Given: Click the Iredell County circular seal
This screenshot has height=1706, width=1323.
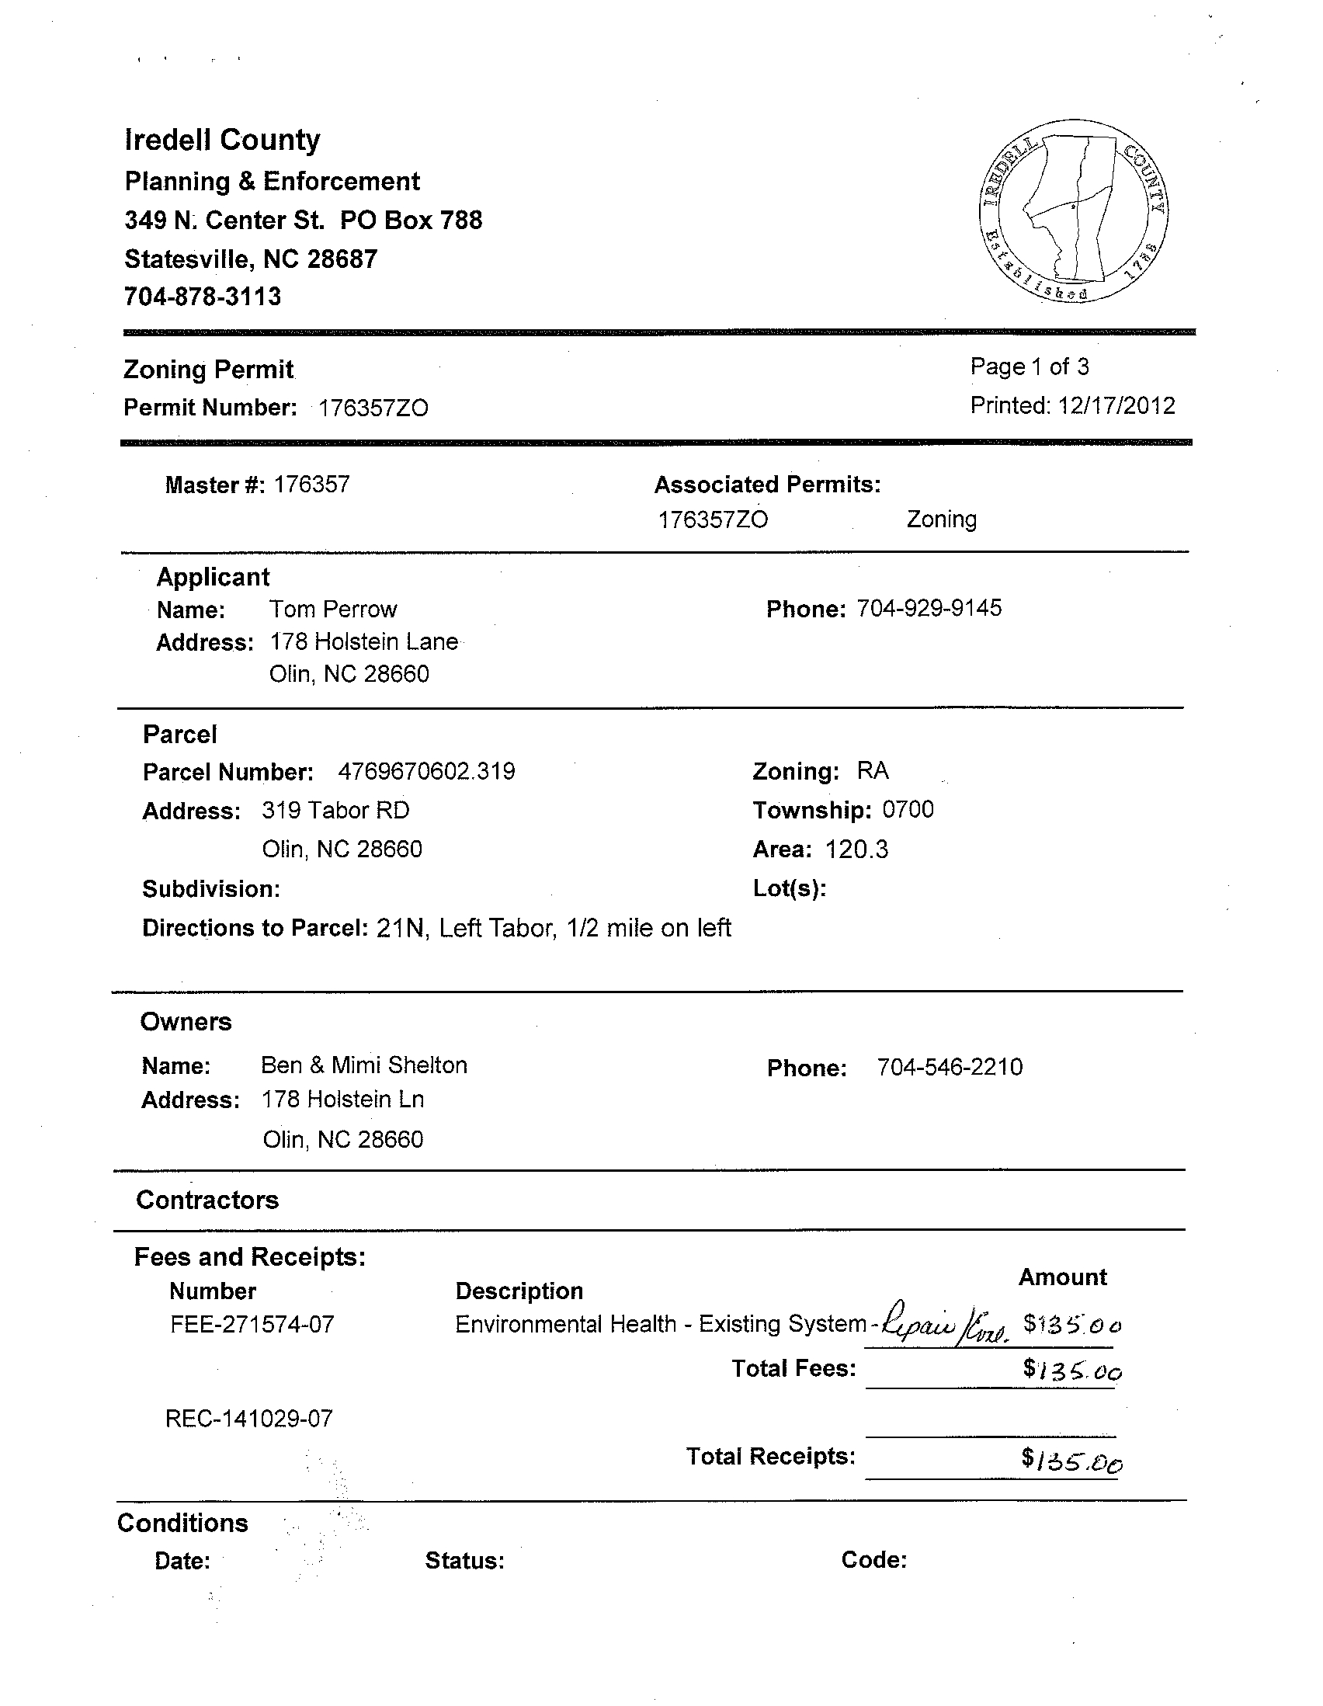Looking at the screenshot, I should click(x=1072, y=212).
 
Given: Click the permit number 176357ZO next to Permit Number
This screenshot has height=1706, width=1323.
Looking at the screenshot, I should click(x=373, y=408).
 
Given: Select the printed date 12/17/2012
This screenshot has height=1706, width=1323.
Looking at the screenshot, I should click(x=1116, y=405).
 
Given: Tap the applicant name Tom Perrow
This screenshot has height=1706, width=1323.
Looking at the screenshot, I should click(x=333, y=610).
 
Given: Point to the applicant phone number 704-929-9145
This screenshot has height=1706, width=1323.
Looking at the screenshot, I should click(x=929, y=608).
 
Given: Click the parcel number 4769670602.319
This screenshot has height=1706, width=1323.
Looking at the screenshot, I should click(x=426, y=772).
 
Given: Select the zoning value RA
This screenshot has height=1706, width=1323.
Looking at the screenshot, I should click(x=873, y=771).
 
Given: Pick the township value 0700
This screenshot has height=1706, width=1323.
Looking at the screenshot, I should click(x=908, y=810).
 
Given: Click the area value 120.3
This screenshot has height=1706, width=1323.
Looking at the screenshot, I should click(x=856, y=849).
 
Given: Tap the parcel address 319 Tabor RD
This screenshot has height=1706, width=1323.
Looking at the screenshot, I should click(x=336, y=811).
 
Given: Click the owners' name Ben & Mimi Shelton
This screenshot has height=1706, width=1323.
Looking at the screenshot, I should click(x=364, y=1065).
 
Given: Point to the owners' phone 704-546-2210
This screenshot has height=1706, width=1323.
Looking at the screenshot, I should click(x=950, y=1067).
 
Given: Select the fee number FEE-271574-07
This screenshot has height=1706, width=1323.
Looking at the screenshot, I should click(x=252, y=1325).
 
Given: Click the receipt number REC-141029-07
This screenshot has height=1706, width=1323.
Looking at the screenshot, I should click(x=249, y=1419).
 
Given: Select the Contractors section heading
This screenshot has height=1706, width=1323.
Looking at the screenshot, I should click(x=207, y=1200).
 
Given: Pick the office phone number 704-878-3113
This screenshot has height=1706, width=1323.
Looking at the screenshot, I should click(x=203, y=297).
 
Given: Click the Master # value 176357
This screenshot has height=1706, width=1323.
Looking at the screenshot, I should click(x=311, y=485).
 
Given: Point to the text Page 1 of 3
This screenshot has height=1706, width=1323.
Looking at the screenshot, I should click(x=1029, y=367).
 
